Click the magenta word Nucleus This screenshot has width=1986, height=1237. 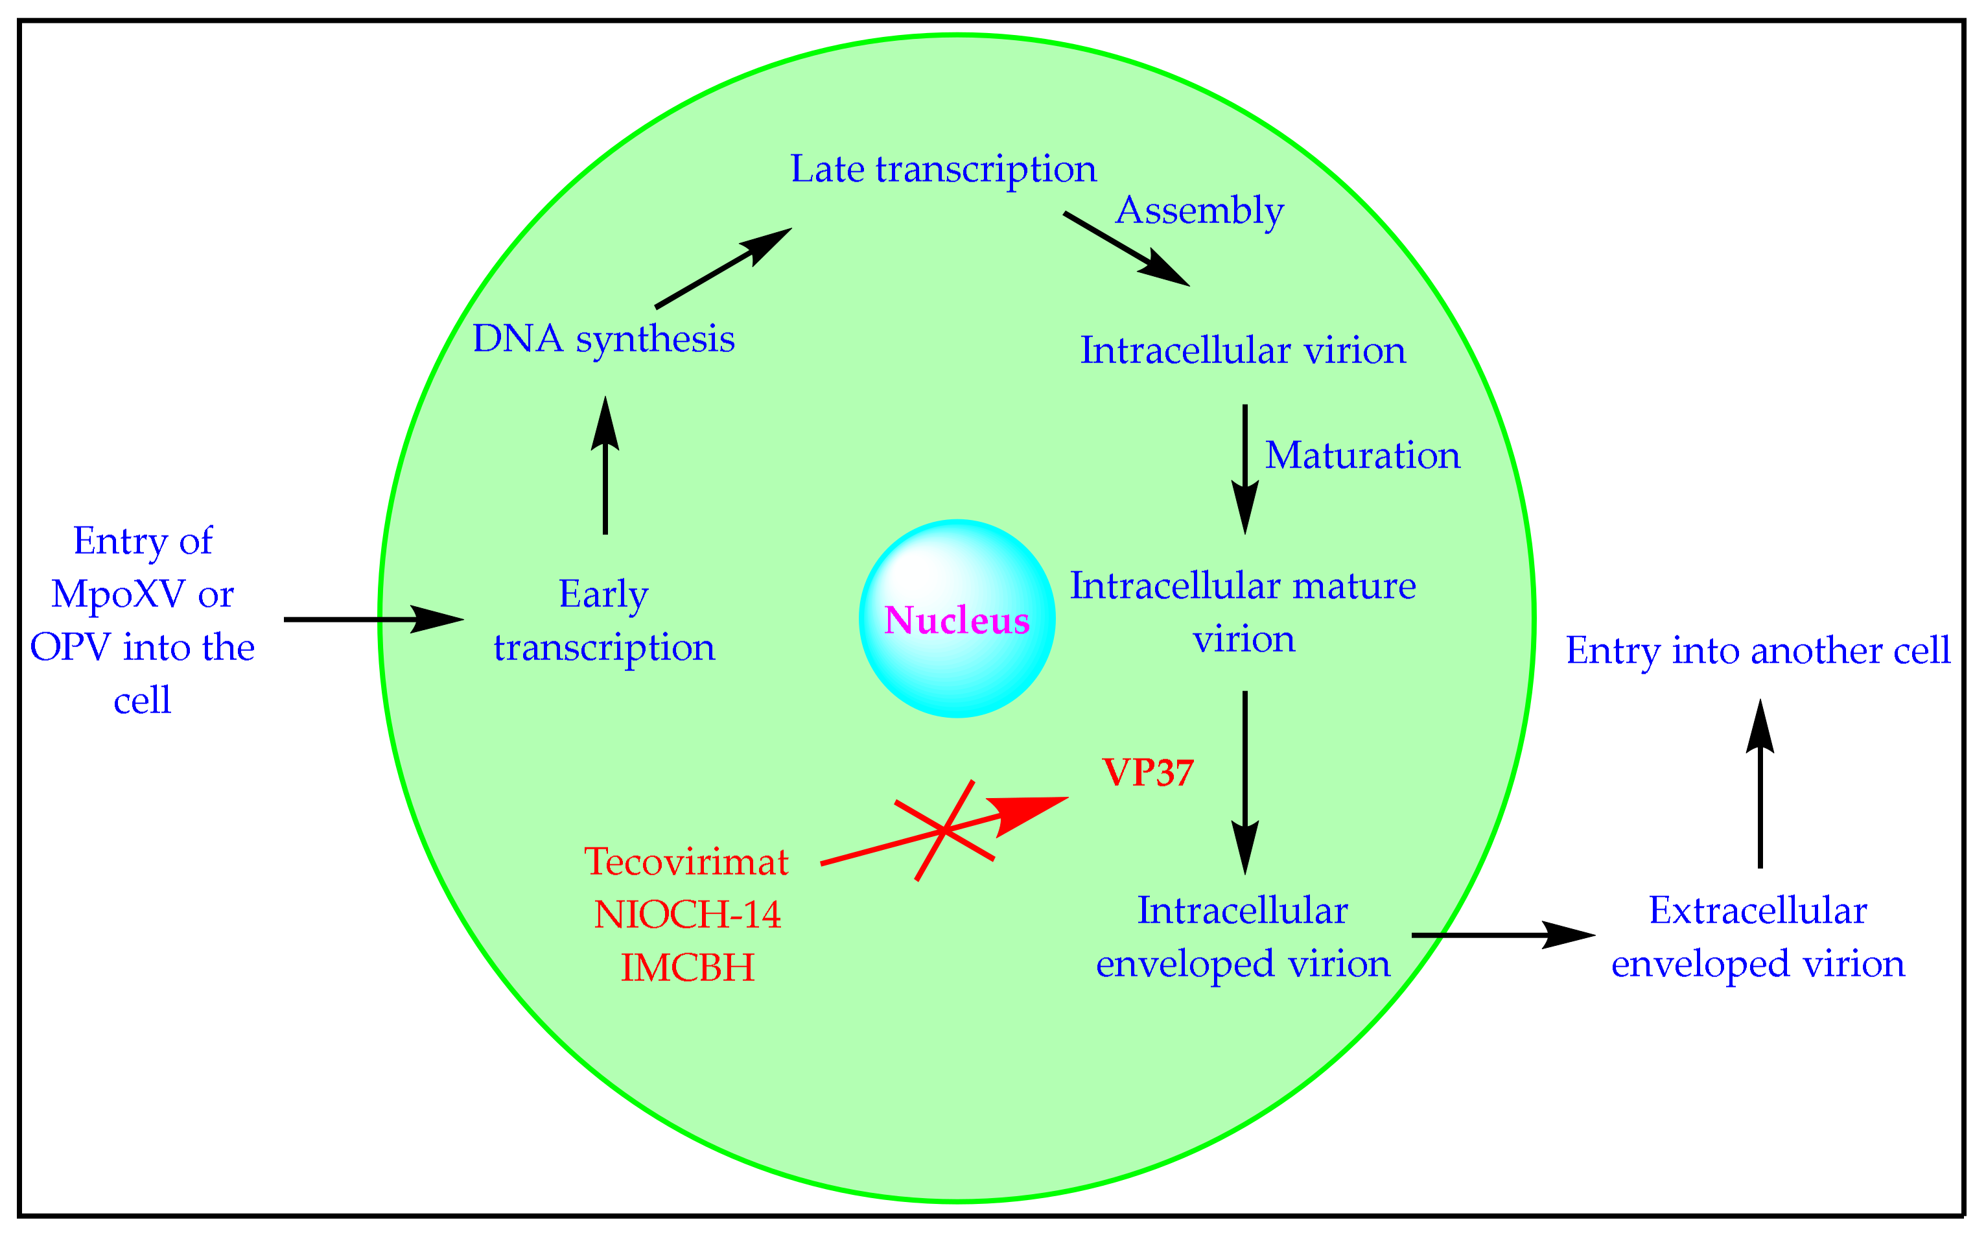956,620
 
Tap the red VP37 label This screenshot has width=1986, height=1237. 1148,772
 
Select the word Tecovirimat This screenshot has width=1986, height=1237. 686,862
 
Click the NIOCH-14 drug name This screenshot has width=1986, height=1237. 687,915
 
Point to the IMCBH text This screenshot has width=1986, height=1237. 687,968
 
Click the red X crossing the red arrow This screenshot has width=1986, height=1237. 945,831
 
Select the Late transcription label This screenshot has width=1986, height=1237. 942,169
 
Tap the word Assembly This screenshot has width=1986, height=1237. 1199,210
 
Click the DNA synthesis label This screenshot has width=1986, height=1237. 603,338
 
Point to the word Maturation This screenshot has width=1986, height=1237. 1362,456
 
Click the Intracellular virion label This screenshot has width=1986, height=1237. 1243,351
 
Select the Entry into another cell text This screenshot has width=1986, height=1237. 1758,651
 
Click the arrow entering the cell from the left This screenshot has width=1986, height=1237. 372,619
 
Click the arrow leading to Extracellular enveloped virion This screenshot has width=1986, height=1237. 1502,934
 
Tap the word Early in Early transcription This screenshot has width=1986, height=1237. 603,595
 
